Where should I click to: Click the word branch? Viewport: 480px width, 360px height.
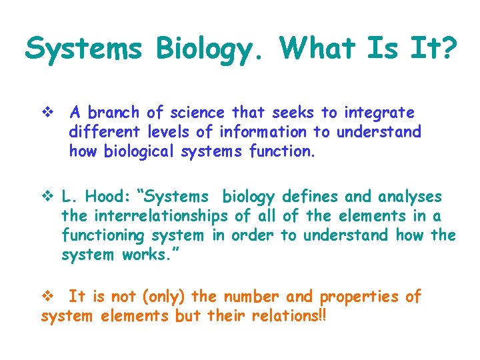click(113, 112)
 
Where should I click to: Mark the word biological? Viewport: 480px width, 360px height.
click(140, 151)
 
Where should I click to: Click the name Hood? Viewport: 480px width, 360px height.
click(111, 197)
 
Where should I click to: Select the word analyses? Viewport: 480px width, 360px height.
click(410, 197)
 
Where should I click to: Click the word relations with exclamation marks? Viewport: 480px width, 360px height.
click(287, 316)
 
